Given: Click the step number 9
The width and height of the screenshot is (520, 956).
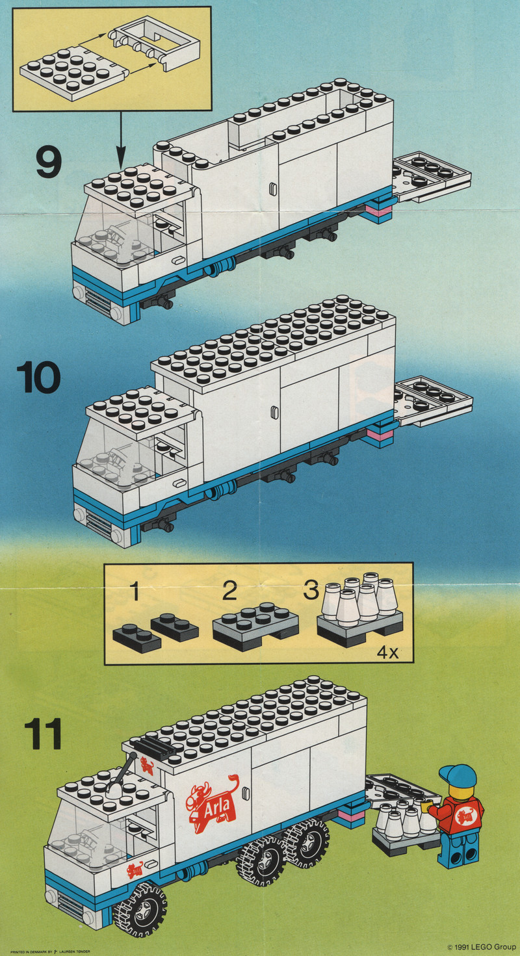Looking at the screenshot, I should [49, 162].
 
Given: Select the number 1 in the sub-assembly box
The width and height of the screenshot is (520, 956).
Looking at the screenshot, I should [135, 593].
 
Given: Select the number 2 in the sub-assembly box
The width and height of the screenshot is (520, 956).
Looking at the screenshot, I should [228, 593].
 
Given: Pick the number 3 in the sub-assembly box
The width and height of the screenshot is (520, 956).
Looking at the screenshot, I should [311, 591].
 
